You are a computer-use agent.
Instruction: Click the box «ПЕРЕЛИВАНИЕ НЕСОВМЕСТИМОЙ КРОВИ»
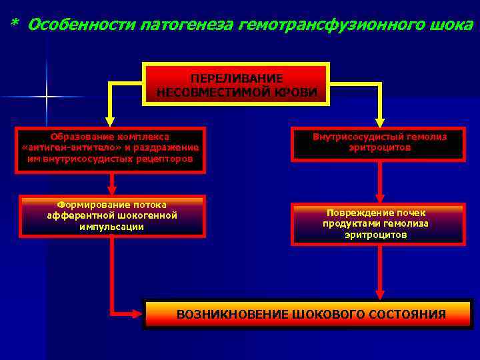click(x=237, y=84)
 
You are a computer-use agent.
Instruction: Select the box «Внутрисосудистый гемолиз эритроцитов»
click(x=379, y=144)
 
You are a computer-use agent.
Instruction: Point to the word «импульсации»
click(x=112, y=227)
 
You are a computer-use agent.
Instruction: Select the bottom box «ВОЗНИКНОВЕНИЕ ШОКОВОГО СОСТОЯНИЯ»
click(x=311, y=314)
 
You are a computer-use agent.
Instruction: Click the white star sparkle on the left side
click(x=47, y=97)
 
